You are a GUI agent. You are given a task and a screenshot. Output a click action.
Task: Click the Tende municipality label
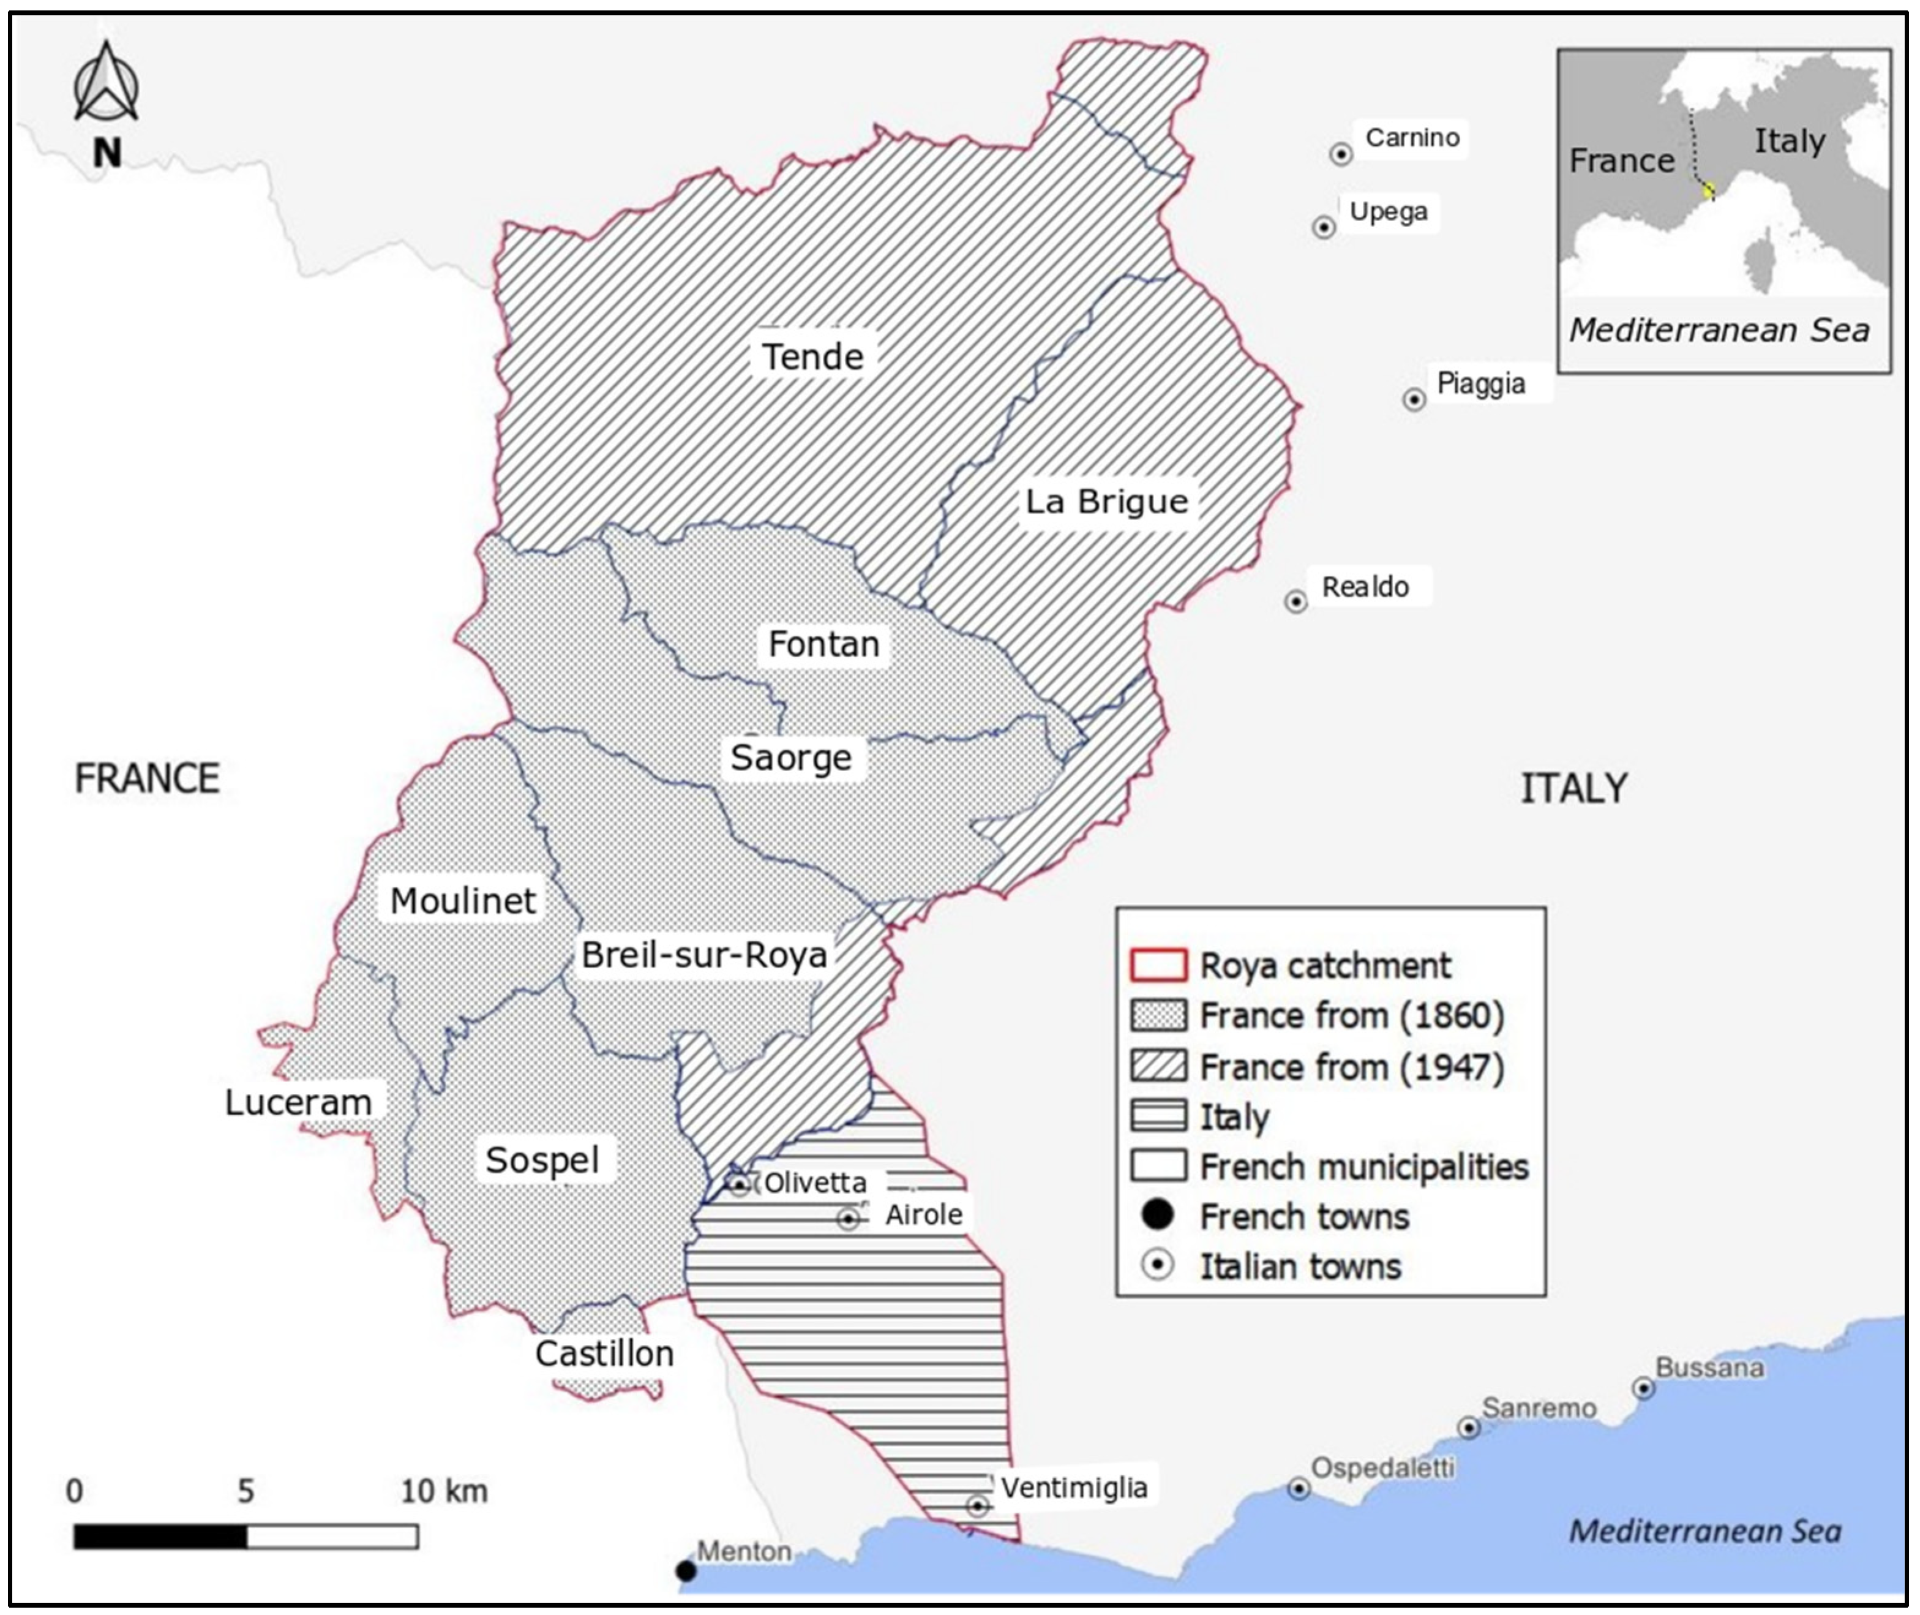pyautogui.click(x=812, y=356)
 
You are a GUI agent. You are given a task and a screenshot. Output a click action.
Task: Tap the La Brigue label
pyautogui.click(x=1106, y=502)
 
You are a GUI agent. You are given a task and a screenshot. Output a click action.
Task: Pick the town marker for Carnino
pyautogui.click(x=1341, y=154)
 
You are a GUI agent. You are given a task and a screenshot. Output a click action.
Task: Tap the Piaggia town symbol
pyautogui.click(x=1414, y=399)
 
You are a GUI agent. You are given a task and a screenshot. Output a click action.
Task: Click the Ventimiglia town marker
pyautogui.click(x=977, y=1506)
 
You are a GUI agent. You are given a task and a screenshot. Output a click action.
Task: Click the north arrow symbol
pyautogui.click(x=106, y=85)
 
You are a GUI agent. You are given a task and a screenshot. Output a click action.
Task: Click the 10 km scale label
pyautogui.click(x=444, y=1491)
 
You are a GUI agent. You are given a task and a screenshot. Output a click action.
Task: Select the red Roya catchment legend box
pyautogui.click(x=1158, y=966)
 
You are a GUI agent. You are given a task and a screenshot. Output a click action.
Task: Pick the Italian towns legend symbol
pyautogui.click(x=1158, y=1266)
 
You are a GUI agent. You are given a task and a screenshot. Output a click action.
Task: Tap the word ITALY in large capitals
pyautogui.click(x=1573, y=788)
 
